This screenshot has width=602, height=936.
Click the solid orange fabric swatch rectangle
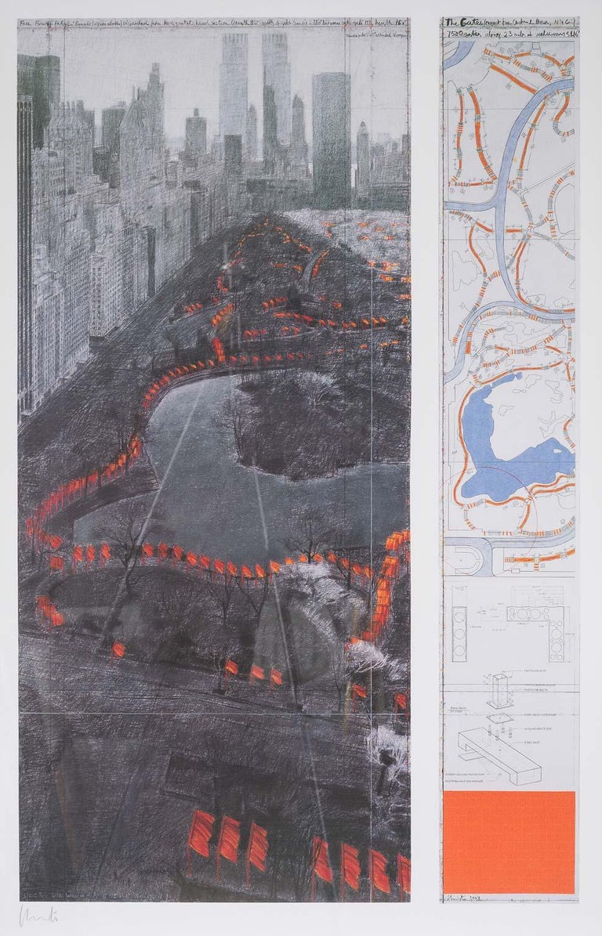click(509, 841)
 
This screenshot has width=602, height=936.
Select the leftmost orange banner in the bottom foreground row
click(201, 833)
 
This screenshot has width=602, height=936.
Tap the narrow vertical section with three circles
click(459, 623)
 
